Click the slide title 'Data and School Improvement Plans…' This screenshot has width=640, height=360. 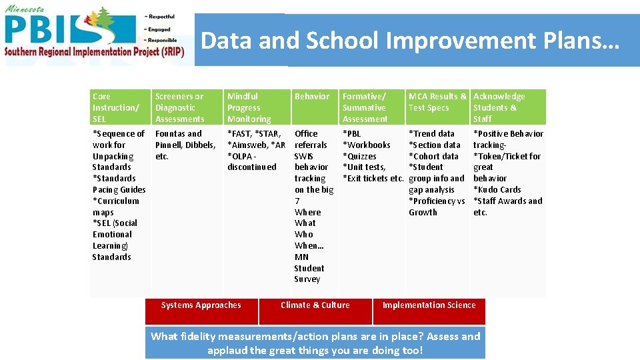point(410,41)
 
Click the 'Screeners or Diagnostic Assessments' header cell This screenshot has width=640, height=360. point(180,107)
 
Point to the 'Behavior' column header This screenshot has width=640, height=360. point(312,97)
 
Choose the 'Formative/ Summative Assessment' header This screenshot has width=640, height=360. point(364,107)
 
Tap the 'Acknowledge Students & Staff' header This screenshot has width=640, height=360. point(499,107)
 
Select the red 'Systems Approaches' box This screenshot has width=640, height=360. point(201,305)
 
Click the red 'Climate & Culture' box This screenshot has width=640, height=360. point(315,305)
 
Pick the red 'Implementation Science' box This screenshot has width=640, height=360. point(429,305)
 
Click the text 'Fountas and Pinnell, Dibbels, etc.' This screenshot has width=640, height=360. point(185,145)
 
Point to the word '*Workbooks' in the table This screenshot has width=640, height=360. point(367,145)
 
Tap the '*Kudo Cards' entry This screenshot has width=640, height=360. point(497,189)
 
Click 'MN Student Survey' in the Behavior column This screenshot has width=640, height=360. point(309,268)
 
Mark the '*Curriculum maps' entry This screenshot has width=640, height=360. point(116,206)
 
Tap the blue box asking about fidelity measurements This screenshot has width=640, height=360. point(315,343)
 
